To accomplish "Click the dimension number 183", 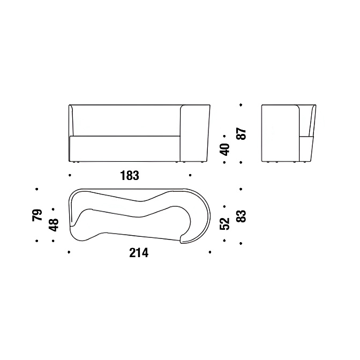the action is click(130, 176).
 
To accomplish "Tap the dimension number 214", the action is click(139, 252).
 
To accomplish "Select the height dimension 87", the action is click(242, 134).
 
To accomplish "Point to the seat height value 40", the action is click(225, 149).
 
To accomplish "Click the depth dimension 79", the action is click(37, 215).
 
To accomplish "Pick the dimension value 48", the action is click(54, 225).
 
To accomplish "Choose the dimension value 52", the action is click(225, 223).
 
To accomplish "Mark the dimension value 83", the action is click(242, 216).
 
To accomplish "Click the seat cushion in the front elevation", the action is click(125, 148).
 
